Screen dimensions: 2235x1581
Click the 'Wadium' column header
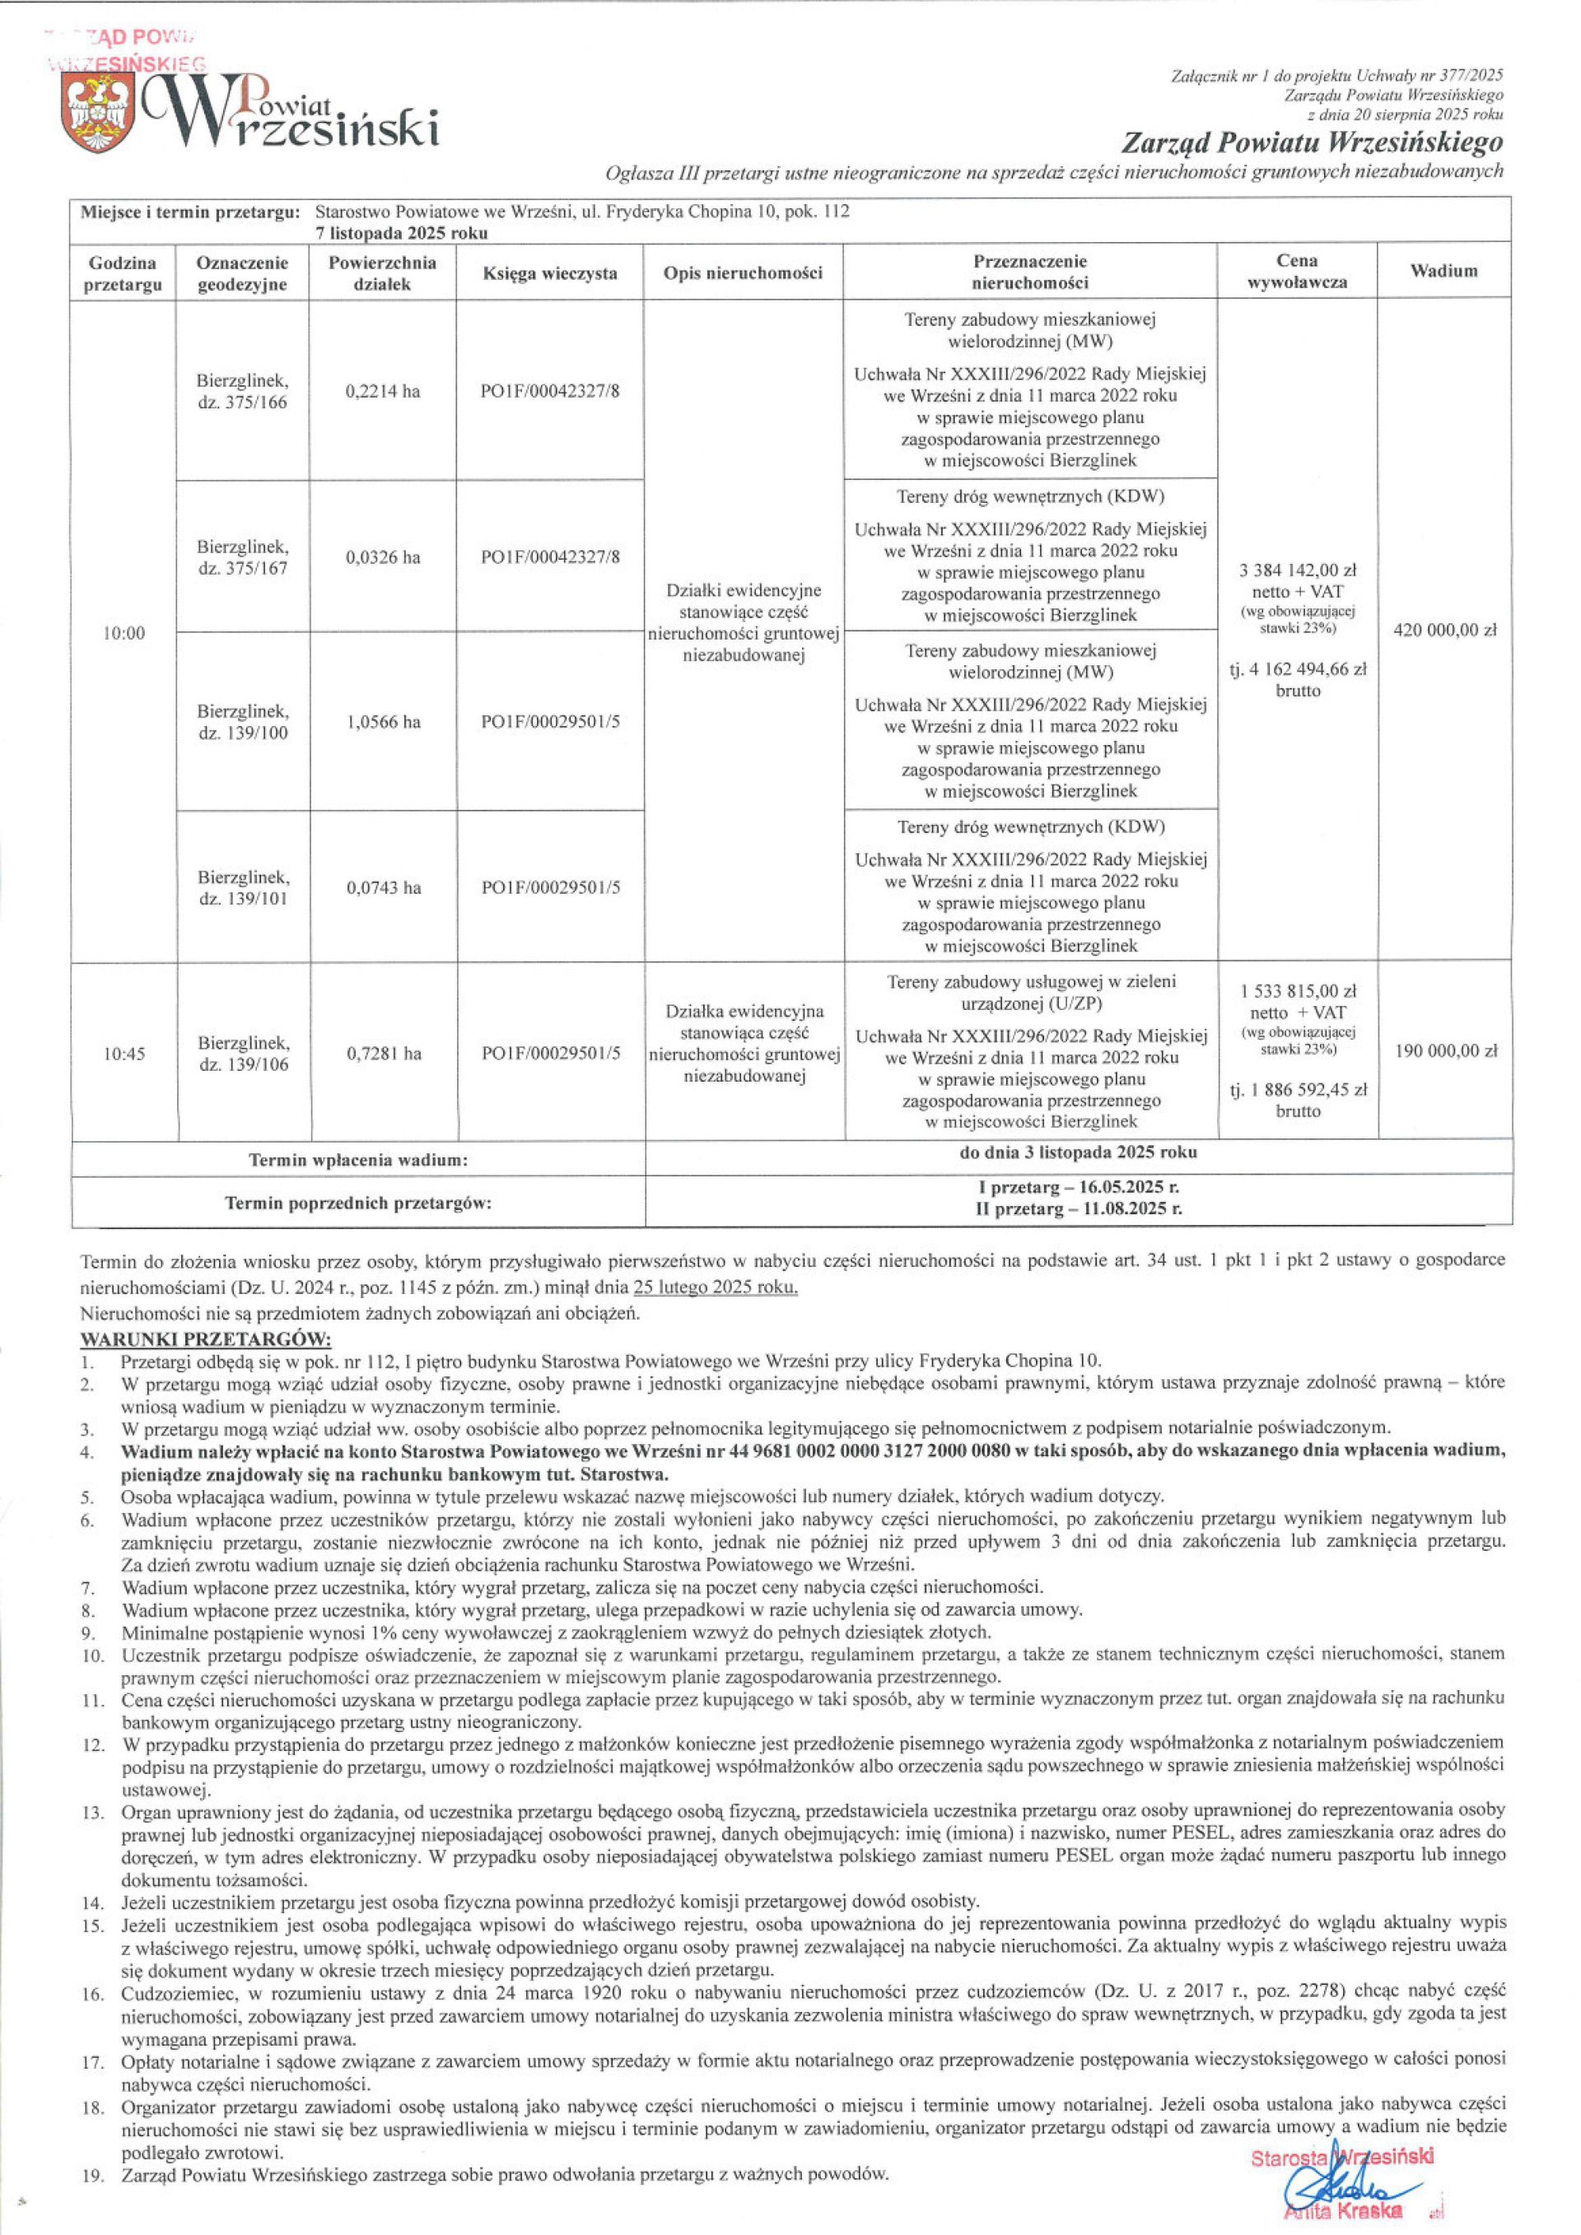pos(1443,272)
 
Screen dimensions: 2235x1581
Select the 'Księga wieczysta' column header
pos(550,273)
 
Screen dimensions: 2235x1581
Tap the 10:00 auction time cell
pos(124,634)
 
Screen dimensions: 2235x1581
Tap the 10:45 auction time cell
pos(124,1053)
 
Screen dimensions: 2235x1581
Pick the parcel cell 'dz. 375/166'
pos(242,393)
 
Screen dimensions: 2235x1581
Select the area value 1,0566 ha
pos(384,722)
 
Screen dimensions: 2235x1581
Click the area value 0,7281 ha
pos(384,1053)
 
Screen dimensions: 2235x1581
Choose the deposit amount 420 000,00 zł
pos(1444,630)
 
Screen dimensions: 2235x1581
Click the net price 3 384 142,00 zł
pos(1298,570)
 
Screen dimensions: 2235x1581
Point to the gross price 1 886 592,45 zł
pos(1298,1089)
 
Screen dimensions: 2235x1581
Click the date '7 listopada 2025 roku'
pos(401,234)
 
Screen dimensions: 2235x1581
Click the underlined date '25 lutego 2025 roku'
pos(716,1287)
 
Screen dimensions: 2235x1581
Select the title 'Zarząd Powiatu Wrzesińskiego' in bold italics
pos(1312,144)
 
